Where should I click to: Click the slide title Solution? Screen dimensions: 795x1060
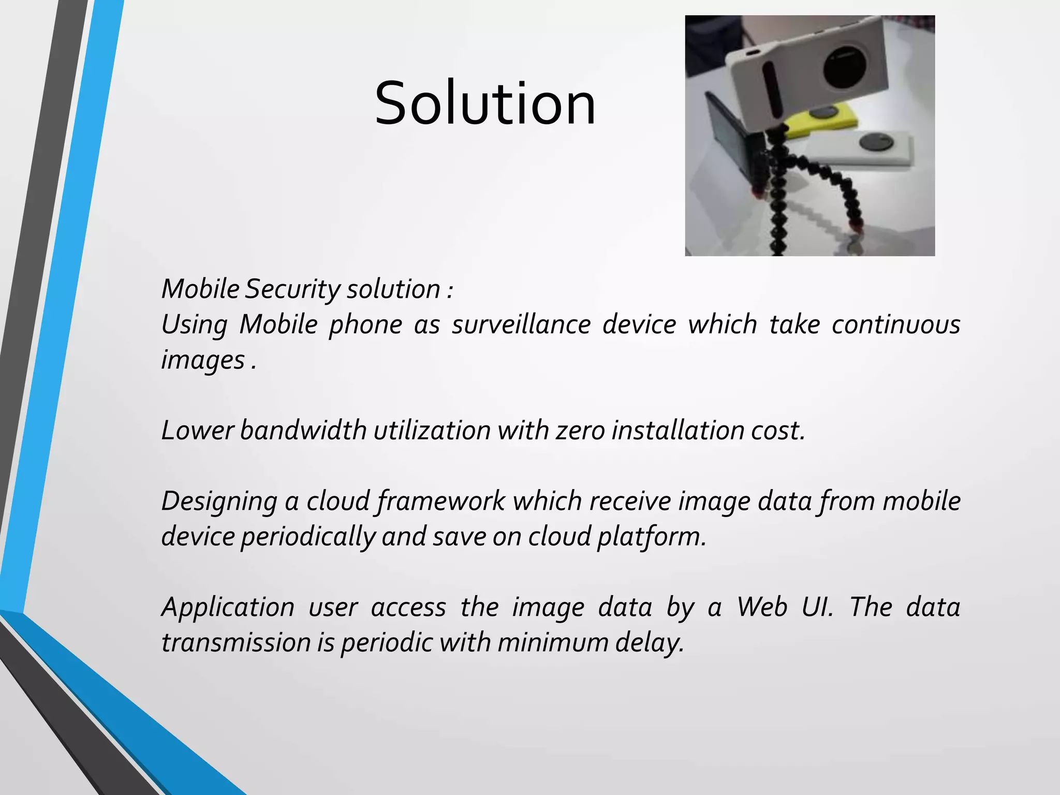pyautogui.click(x=485, y=104)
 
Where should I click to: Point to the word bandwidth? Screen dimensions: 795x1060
pyautogui.click(x=303, y=431)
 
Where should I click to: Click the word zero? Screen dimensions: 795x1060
pyautogui.click(x=580, y=431)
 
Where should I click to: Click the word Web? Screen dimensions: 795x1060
pyautogui.click(x=762, y=607)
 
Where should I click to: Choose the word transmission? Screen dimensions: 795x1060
pyautogui.click(x=235, y=643)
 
